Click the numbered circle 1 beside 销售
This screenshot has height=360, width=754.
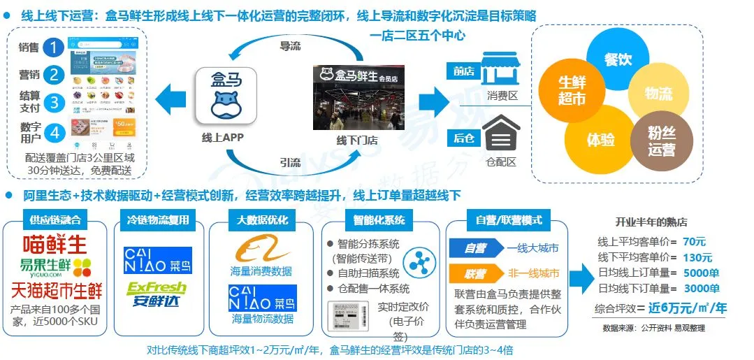(53, 48)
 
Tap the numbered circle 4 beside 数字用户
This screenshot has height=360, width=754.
(53, 131)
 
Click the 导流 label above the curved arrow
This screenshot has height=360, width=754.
(290, 47)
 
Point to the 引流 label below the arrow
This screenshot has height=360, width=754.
(290, 163)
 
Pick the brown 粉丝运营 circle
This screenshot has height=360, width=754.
(661, 140)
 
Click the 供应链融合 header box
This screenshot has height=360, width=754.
(55, 220)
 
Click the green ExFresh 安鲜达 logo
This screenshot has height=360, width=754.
(157, 294)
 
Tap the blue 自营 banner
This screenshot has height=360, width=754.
(477, 248)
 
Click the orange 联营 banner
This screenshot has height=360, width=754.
(477, 273)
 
